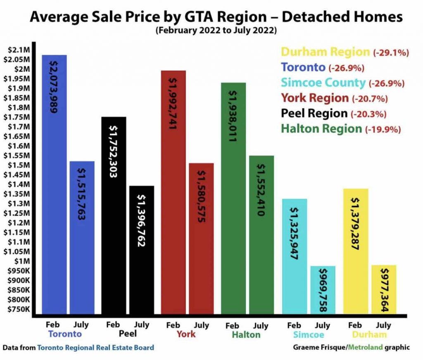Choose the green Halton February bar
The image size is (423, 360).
coord(233,198)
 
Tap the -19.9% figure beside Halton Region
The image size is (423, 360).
coord(383,130)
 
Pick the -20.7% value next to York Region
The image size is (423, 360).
coord(370,99)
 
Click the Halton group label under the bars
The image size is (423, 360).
coord(246,334)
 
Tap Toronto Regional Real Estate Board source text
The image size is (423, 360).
coord(95,348)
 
